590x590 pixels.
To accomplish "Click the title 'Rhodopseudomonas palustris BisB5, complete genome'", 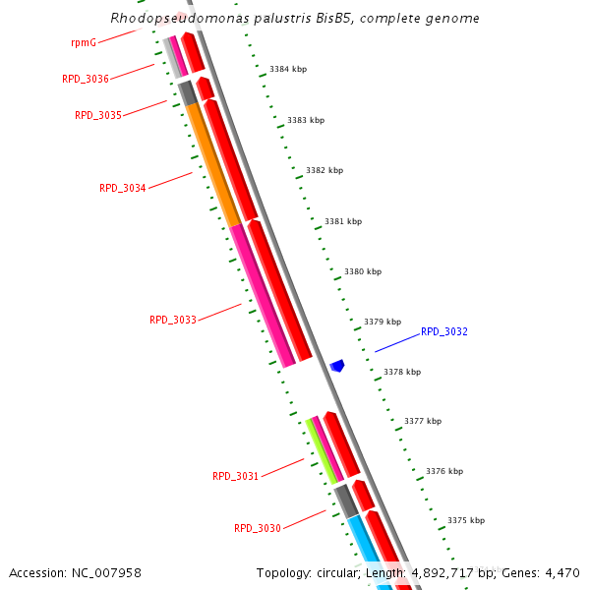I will tap(295, 18).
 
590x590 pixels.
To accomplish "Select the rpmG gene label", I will tap(84, 43).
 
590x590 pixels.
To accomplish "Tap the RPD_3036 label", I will tap(86, 79).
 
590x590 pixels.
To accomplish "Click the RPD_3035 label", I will tap(98, 115).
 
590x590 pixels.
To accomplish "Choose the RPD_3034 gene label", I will tap(123, 188).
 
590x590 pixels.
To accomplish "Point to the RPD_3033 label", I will tap(173, 320).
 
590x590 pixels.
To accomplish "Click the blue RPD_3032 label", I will tap(444, 332).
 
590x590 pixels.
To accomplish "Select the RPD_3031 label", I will tap(236, 476).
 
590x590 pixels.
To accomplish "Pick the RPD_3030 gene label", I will tap(258, 528).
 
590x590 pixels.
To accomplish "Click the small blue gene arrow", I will tap(337, 366).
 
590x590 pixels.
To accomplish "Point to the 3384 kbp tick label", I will tap(288, 70).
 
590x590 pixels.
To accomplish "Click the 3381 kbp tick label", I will tap(343, 221).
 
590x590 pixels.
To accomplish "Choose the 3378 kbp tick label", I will tap(402, 372).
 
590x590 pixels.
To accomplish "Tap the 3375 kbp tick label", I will tap(466, 520).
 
